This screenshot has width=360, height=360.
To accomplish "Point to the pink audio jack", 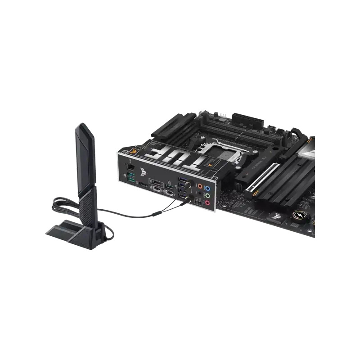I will [x=207, y=203].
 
